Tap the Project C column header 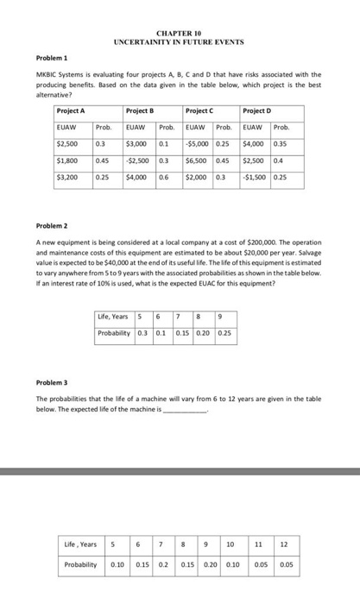[x=200, y=111]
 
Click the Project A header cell [x=71, y=111]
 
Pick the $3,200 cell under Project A [x=67, y=177]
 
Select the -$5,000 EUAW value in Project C [x=198, y=143]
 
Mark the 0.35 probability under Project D [x=281, y=143]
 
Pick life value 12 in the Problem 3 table [x=286, y=544]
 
